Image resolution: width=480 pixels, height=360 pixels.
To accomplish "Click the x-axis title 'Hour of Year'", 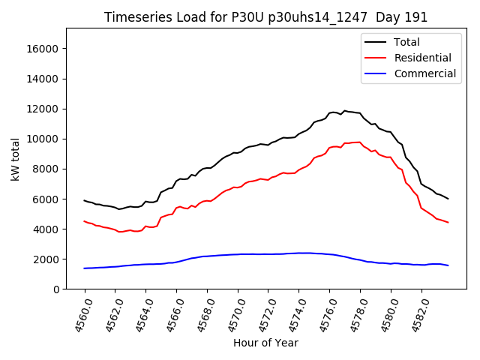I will (265, 343).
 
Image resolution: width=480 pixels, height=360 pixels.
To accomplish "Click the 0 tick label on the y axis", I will (56, 289).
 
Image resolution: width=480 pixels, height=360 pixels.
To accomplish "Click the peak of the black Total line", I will (344, 111).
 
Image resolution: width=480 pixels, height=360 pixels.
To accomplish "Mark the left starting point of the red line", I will (85, 221).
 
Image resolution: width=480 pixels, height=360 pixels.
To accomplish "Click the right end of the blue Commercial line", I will (448, 265).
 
